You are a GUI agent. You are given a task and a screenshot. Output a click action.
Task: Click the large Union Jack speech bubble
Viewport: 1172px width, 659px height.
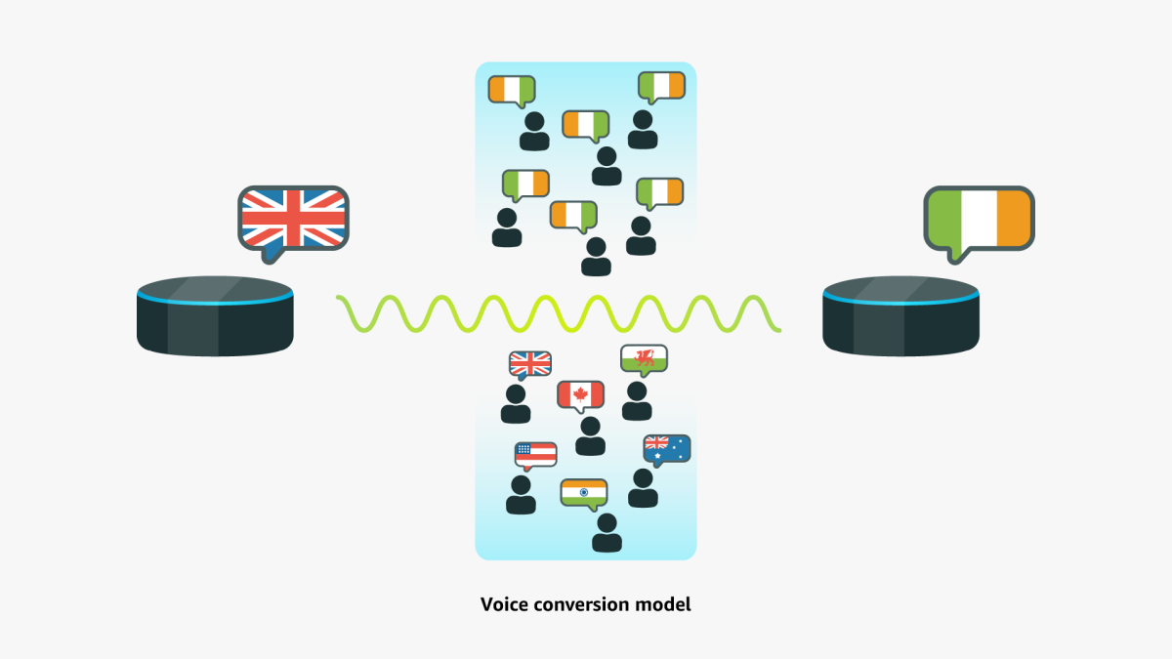(x=293, y=218)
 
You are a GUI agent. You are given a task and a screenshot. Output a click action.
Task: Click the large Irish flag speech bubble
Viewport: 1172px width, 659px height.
(x=979, y=218)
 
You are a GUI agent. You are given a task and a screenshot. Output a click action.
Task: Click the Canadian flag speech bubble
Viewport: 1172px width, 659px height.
(x=581, y=394)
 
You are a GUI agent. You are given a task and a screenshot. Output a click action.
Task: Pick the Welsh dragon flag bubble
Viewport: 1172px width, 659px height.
(x=644, y=359)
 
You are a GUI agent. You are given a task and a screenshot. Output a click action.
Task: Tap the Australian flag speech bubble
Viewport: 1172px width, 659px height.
(x=667, y=448)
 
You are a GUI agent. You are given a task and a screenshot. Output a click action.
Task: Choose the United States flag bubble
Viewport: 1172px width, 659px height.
(x=536, y=454)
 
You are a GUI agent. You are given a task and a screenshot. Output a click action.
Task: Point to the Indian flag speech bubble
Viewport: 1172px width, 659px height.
(x=584, y=493)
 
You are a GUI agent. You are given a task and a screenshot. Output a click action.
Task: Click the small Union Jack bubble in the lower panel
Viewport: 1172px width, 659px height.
(x=530, y=364)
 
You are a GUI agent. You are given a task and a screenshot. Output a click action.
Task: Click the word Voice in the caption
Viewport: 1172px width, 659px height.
(x=503, y=604)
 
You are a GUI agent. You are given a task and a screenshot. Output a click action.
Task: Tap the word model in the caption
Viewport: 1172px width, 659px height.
(x=669, y=604)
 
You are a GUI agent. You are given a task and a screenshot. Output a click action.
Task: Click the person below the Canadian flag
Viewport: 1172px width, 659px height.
(x=590, y=436)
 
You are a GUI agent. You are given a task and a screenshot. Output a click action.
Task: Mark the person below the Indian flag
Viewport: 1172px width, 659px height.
(x=607, y=533)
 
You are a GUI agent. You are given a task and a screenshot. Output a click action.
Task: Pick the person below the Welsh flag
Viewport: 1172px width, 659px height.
(x=637, y=401)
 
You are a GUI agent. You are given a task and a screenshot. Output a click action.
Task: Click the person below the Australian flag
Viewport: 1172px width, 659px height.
(x=643, y=488)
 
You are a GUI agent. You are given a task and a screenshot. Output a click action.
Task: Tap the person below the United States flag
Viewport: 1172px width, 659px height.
(x=521, y=495)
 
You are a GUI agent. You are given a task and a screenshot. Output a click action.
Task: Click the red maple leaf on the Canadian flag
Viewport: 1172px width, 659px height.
(x=581, y=394)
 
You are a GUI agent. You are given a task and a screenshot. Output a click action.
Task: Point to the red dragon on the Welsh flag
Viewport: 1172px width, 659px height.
(x=644, y=359)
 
